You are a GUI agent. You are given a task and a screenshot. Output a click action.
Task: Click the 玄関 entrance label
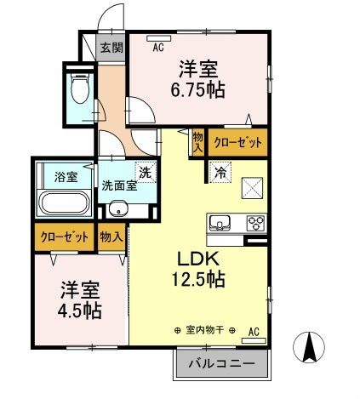pos(111,48)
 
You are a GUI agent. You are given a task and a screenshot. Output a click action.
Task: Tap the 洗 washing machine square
pos(146,171)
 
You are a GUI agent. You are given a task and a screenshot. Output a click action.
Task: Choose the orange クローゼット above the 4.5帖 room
pos(64,237)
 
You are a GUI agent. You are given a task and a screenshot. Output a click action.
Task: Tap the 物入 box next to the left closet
pos(111,237)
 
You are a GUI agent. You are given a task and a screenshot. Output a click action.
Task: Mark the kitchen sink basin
pos(220,224)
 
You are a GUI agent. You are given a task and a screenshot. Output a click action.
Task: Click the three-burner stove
pos(254,224)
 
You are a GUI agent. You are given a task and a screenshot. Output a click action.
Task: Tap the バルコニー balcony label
pos(220,364)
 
